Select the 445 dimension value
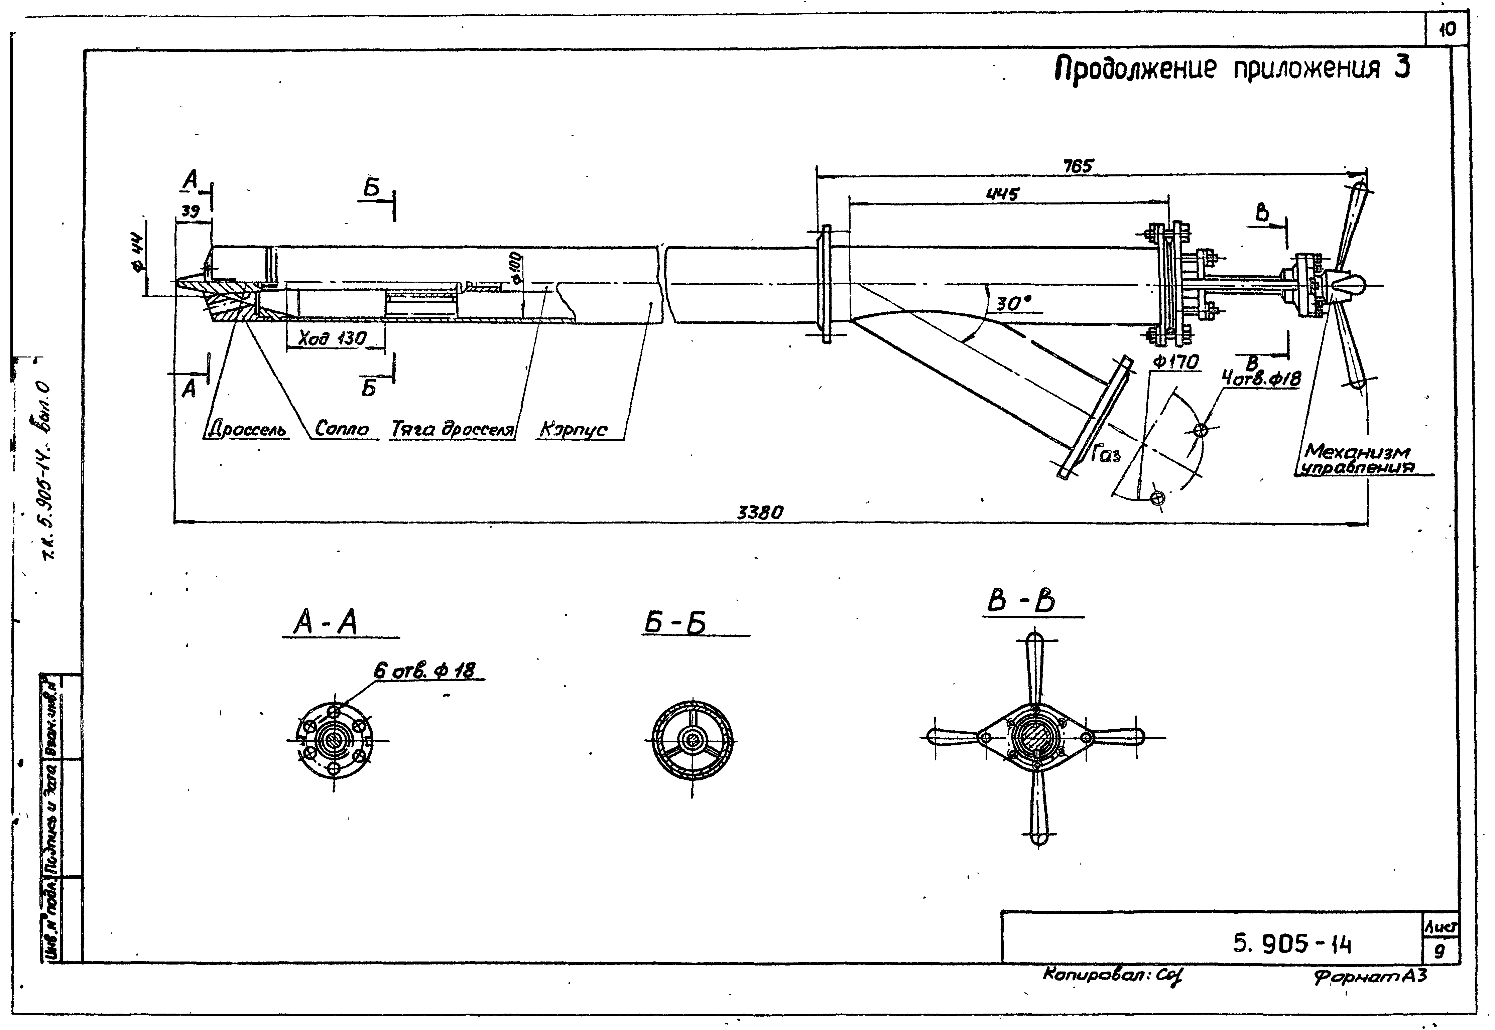click(x=1003, y=194)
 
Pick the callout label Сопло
click(x=342, y=429)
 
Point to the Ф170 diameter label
click(x=1176, y=363)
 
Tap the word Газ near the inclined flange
click(x=1106, y=456)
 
